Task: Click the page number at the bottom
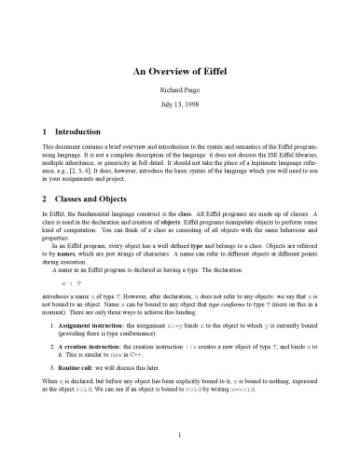180,433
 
